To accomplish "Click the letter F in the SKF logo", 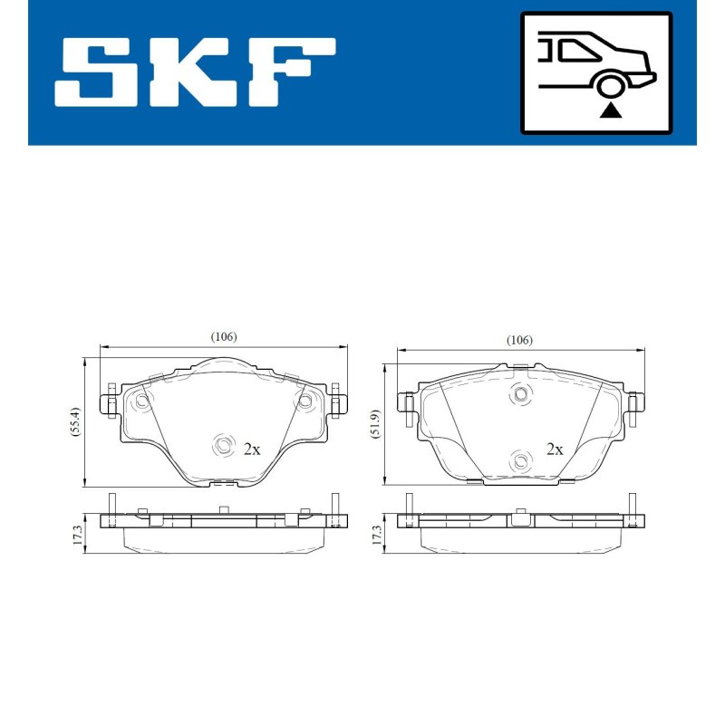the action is point(291,72).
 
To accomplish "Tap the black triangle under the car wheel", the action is point(610,111).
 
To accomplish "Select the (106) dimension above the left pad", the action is point(224,336).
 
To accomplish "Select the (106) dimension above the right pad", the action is point(519,340).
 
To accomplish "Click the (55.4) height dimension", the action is point(75,421).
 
